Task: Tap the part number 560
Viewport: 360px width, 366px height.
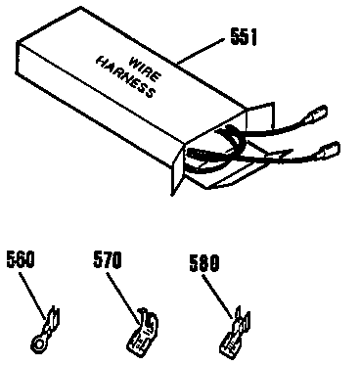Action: [21, 261]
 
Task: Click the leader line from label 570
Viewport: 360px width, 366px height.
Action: [120, 291]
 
